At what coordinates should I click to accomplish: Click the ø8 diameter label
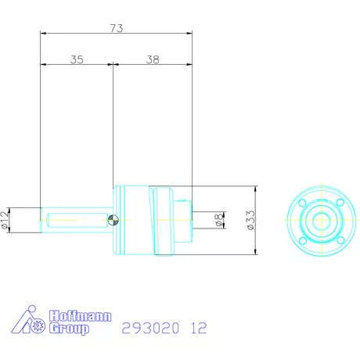(220, 221)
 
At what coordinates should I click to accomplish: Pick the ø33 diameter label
(250, 221)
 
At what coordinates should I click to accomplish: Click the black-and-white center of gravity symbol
(114, 221)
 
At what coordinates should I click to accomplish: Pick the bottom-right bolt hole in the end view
(340, 239)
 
